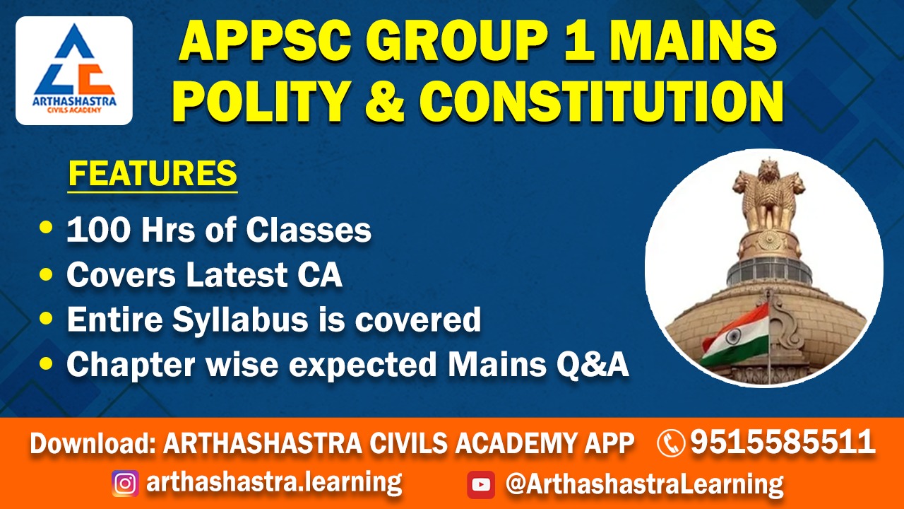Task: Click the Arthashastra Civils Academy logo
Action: [x=74, y=70]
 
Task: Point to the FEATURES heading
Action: [x=153, y=174]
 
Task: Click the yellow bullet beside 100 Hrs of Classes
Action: [x=47, y=227]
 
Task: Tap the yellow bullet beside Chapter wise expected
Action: [x=47, y=363]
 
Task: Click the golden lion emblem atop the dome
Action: [x=769, y=197]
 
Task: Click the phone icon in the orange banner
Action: [x=671, y=443]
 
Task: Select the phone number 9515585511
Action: [x=783, y=442]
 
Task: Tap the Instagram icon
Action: [x=125, y=484]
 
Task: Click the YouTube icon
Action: [x=481, y=485]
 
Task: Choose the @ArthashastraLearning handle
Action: [x=644, y=485]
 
